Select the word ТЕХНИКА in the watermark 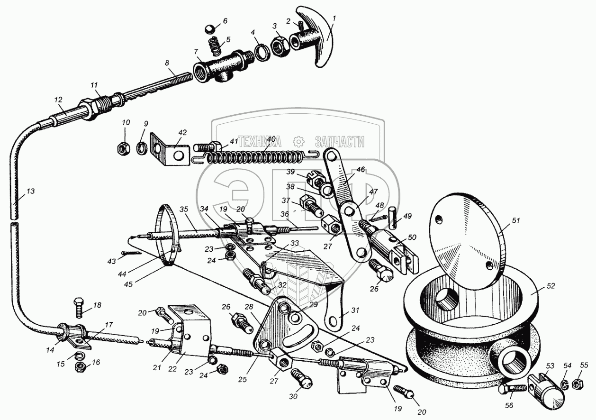(260, 141)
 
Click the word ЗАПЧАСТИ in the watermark (339, 141)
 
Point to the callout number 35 (184, 209)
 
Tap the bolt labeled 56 (511, 389)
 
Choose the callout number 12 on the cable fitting (58, 100)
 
